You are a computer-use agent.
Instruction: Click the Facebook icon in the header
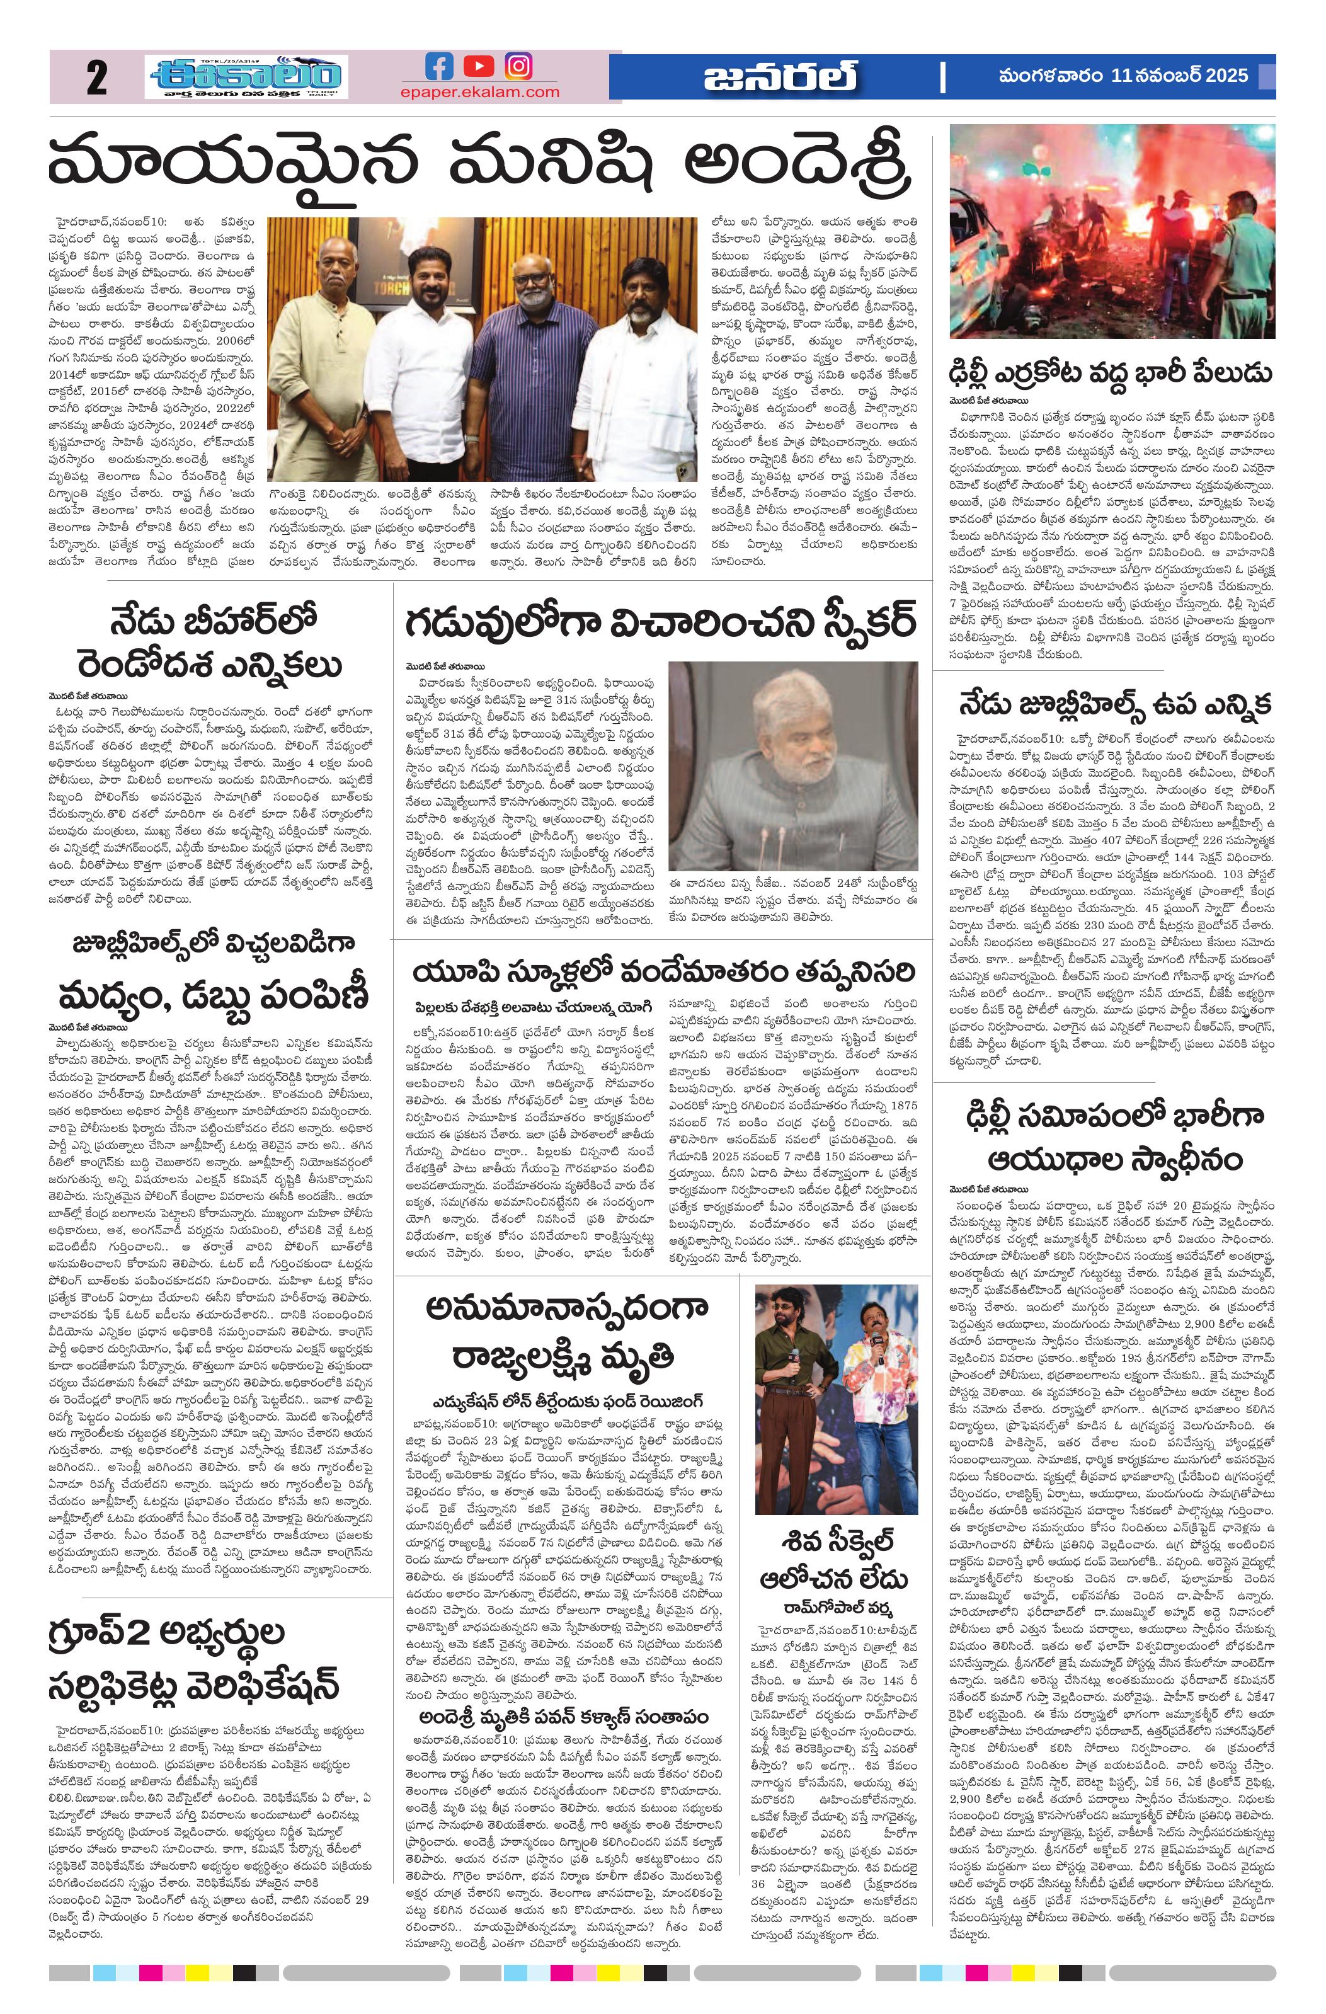[x=438, y=66]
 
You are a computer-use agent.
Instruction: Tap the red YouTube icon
[x=479, y=66]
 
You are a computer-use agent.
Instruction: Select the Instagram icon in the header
[x=518, y=66]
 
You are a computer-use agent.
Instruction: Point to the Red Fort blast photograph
[x=1112, y=231]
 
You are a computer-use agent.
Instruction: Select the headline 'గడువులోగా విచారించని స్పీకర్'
[x=661, y=624]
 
